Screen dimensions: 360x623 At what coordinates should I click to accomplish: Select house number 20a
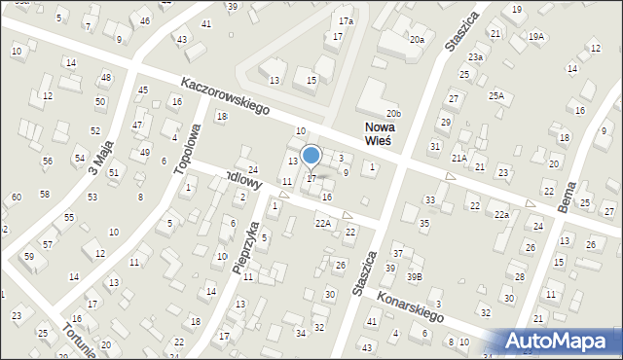pos(417,39)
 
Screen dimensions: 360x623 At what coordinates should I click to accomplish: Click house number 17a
pos(346,20)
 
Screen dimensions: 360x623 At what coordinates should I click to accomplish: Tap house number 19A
pos(536,36)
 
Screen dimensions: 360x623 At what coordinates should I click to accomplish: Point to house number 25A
pos(496,95)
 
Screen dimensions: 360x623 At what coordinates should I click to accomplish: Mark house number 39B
pos(415,277)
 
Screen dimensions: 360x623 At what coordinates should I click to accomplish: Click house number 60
pos(16,198)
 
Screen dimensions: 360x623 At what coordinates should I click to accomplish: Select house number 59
pos(29,257)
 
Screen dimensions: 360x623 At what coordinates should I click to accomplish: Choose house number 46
pos(145,20)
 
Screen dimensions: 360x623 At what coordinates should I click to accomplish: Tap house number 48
pos(105,77)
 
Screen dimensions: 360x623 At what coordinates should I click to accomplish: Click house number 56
pos(47,161)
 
